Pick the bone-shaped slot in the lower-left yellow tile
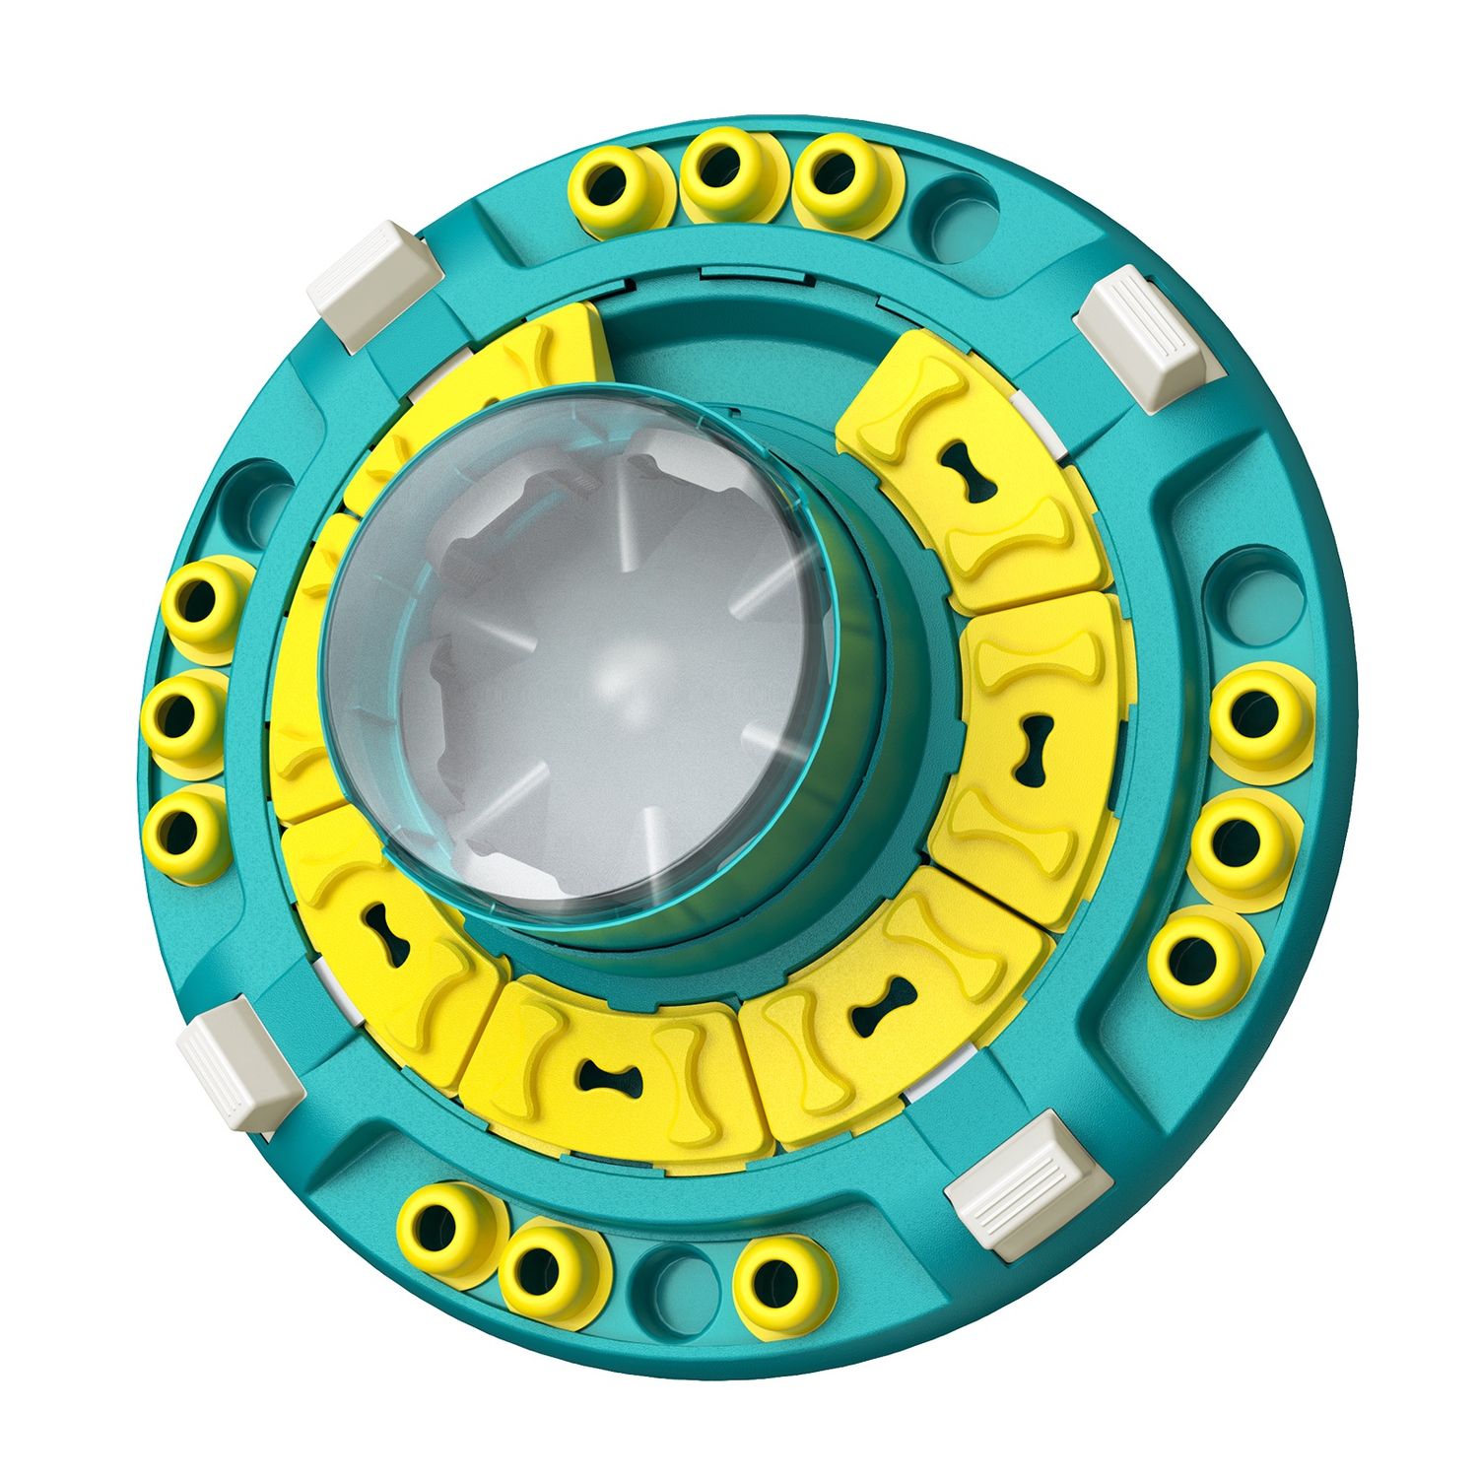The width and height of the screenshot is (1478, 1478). point(385,933)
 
